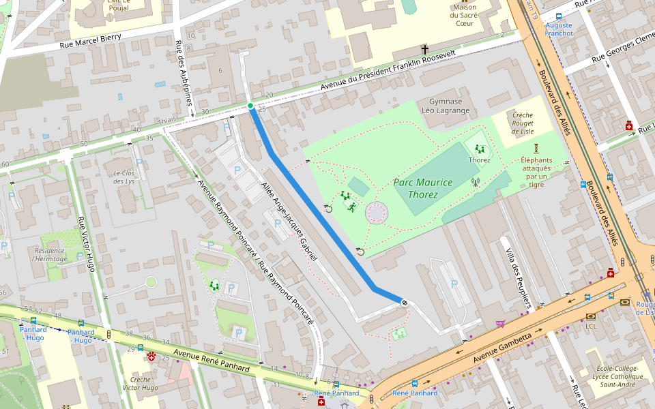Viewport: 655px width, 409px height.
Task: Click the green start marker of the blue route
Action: [x=250, y=106]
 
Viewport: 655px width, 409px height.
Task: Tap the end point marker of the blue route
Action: [x=405, y=302]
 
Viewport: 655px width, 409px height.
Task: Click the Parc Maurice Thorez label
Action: [x=422, y=188]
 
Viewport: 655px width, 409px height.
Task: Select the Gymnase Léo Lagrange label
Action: [x=446, y=106]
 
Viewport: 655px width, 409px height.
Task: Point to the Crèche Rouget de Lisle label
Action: [x=523, y=123]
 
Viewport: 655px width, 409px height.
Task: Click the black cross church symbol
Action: [x=425, y=49]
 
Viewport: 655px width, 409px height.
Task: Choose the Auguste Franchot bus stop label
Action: [x=559, y=29]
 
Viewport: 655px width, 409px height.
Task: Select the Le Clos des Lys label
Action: [x=124, y=177]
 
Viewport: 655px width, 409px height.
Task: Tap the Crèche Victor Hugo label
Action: [x=140, y=384]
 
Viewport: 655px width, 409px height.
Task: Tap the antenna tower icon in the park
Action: [x=476, y=182]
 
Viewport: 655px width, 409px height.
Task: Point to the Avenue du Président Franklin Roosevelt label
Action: [x=388, y=70]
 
